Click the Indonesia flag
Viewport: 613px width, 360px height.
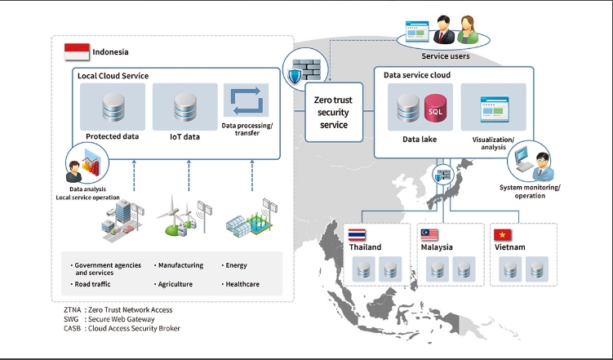pyautogui.click(x=77, y=51)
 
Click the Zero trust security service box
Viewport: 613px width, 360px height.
pyautogui.click(x=333, y=112)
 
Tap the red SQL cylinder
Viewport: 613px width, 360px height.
pyautogui.click(x=437, y=111)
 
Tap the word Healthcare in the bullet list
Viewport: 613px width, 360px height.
pyautogui.click(x=241, y=284)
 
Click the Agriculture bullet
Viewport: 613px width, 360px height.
pyautogui.click(x=180, y=284)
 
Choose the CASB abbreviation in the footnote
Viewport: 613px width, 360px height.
pyautogui.click(x=73, y=328)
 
